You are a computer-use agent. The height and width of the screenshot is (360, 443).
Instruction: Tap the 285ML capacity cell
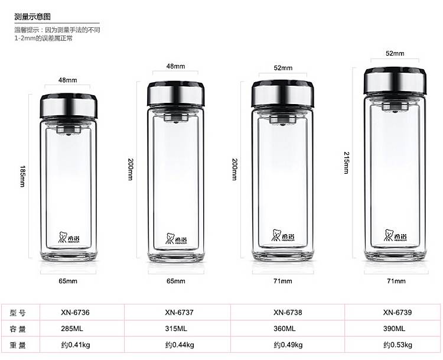pyautogui.click(x=71, y=329)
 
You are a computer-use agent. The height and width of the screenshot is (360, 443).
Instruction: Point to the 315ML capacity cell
pyautogui.click(x=176, y=329)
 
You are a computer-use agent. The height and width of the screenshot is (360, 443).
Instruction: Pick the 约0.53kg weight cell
pyautogui.click(x=397, y=345)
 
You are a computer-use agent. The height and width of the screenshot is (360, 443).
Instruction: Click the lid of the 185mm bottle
pyautogui.click(x=69, y=105)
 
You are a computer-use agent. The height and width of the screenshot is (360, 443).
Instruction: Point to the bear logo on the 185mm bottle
pyautogui.click(x=64, y=236)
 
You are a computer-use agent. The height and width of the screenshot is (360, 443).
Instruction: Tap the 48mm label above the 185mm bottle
pyautogui.click(x=68, y=80)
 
